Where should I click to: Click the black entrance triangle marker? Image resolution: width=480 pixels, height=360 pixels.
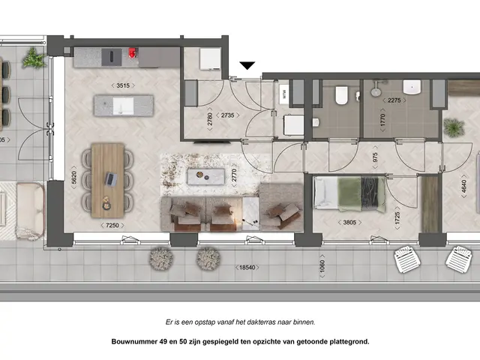click(x=247, y=67)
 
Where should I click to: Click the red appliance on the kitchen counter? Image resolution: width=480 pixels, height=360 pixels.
click(x=133, y=54)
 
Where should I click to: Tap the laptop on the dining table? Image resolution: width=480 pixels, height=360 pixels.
click(x=111, y=179)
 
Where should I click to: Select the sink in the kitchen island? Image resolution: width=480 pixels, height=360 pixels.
click(x=118, y=106)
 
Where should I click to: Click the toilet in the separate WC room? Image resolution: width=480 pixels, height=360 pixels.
click(x=340, y=95)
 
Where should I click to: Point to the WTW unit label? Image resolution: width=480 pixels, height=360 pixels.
click(x=284, y=94)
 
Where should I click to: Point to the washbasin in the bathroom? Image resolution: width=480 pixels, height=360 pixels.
click(x=411, y=85)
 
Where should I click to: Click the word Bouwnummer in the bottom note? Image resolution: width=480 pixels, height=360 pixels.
click(x=136, y=341)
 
